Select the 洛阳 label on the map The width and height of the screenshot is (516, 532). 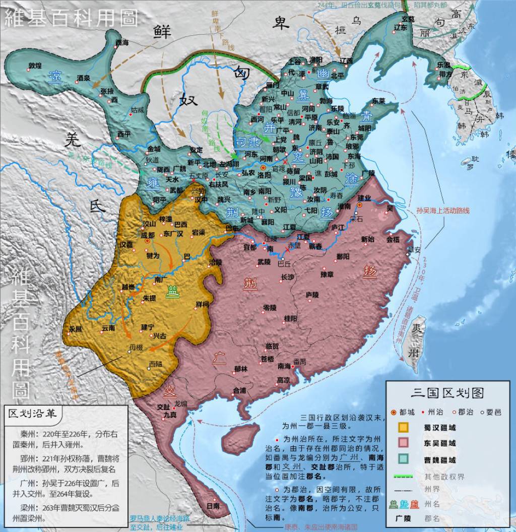(264, 175)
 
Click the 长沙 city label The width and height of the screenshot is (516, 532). (287, 277)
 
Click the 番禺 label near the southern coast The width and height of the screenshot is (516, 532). (299, 361)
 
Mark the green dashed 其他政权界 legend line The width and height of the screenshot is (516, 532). (403, 476)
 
